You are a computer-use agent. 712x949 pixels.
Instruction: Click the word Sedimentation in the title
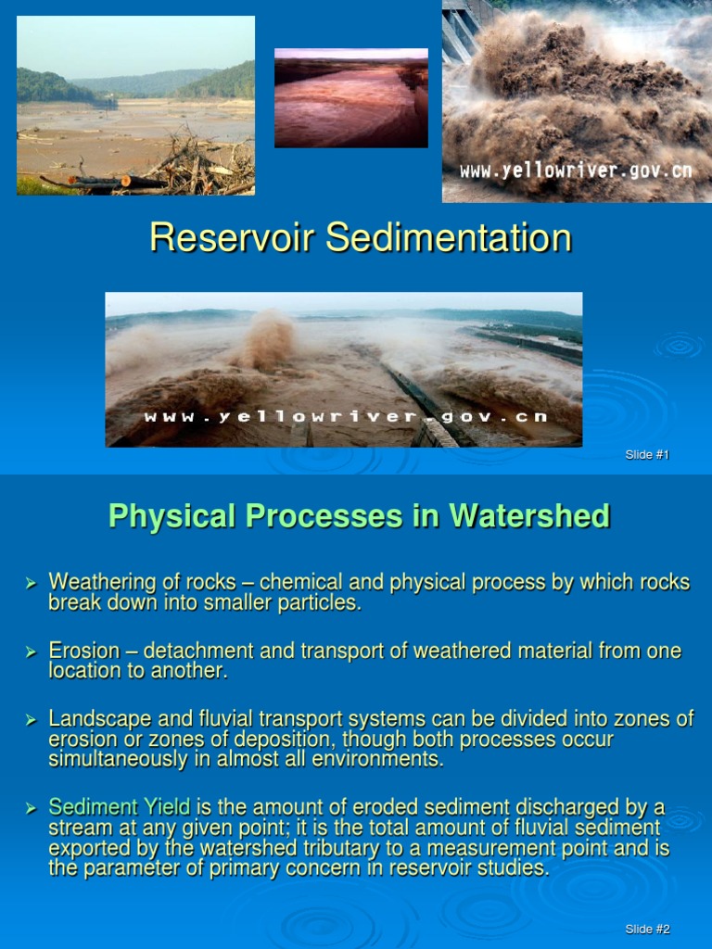(449, 238)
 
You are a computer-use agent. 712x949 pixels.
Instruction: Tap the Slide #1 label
(647, 454)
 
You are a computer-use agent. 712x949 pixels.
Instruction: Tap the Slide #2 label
(647, 929)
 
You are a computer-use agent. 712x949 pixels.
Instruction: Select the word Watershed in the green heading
(529, 516)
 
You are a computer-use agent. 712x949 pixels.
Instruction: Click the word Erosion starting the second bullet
(83, 652)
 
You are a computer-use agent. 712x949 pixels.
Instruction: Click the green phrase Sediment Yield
(120, 808)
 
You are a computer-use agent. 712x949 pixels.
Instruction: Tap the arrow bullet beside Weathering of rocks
(30, 582)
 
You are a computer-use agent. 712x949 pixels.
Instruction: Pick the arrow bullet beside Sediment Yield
(30, 808)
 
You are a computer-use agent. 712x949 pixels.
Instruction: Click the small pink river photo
(350, 98)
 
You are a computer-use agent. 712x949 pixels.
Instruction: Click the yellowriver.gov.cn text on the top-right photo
(576, 171)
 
